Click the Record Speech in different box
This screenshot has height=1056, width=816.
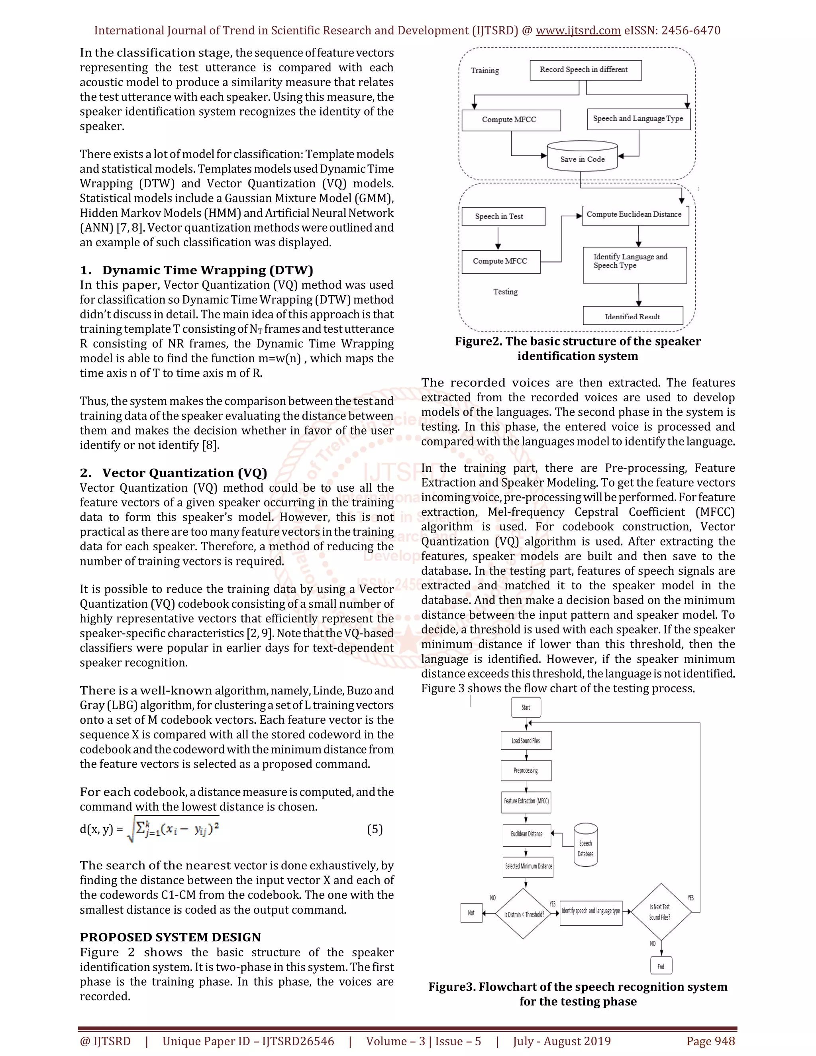[x=585, y=70]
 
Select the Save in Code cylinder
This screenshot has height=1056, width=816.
[x=582, y=157]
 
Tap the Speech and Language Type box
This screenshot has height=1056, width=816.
[x=638, y=119]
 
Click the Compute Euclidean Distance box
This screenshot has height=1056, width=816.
[x=635, y=215]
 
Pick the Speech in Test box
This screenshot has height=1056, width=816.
[x=503, y=216]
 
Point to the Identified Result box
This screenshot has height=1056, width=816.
[x=632, y=315]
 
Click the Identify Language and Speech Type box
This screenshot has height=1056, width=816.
[x=634, y=265]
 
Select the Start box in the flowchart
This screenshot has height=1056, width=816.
[x=526, y=707]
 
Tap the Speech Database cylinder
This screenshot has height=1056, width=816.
[x=585, y=846]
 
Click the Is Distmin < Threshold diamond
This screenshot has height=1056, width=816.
[x=524, y=913]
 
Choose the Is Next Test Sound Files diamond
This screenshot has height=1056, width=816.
[x=660, y=912]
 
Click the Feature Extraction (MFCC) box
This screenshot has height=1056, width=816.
[x=526, y=801]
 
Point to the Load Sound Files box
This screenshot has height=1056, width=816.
[x=526, y=740]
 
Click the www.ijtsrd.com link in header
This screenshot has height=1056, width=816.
[x=578, y=30]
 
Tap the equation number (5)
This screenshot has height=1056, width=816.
[x=375, y=829]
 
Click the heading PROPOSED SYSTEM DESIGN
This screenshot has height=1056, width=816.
[x=170, y=937]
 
